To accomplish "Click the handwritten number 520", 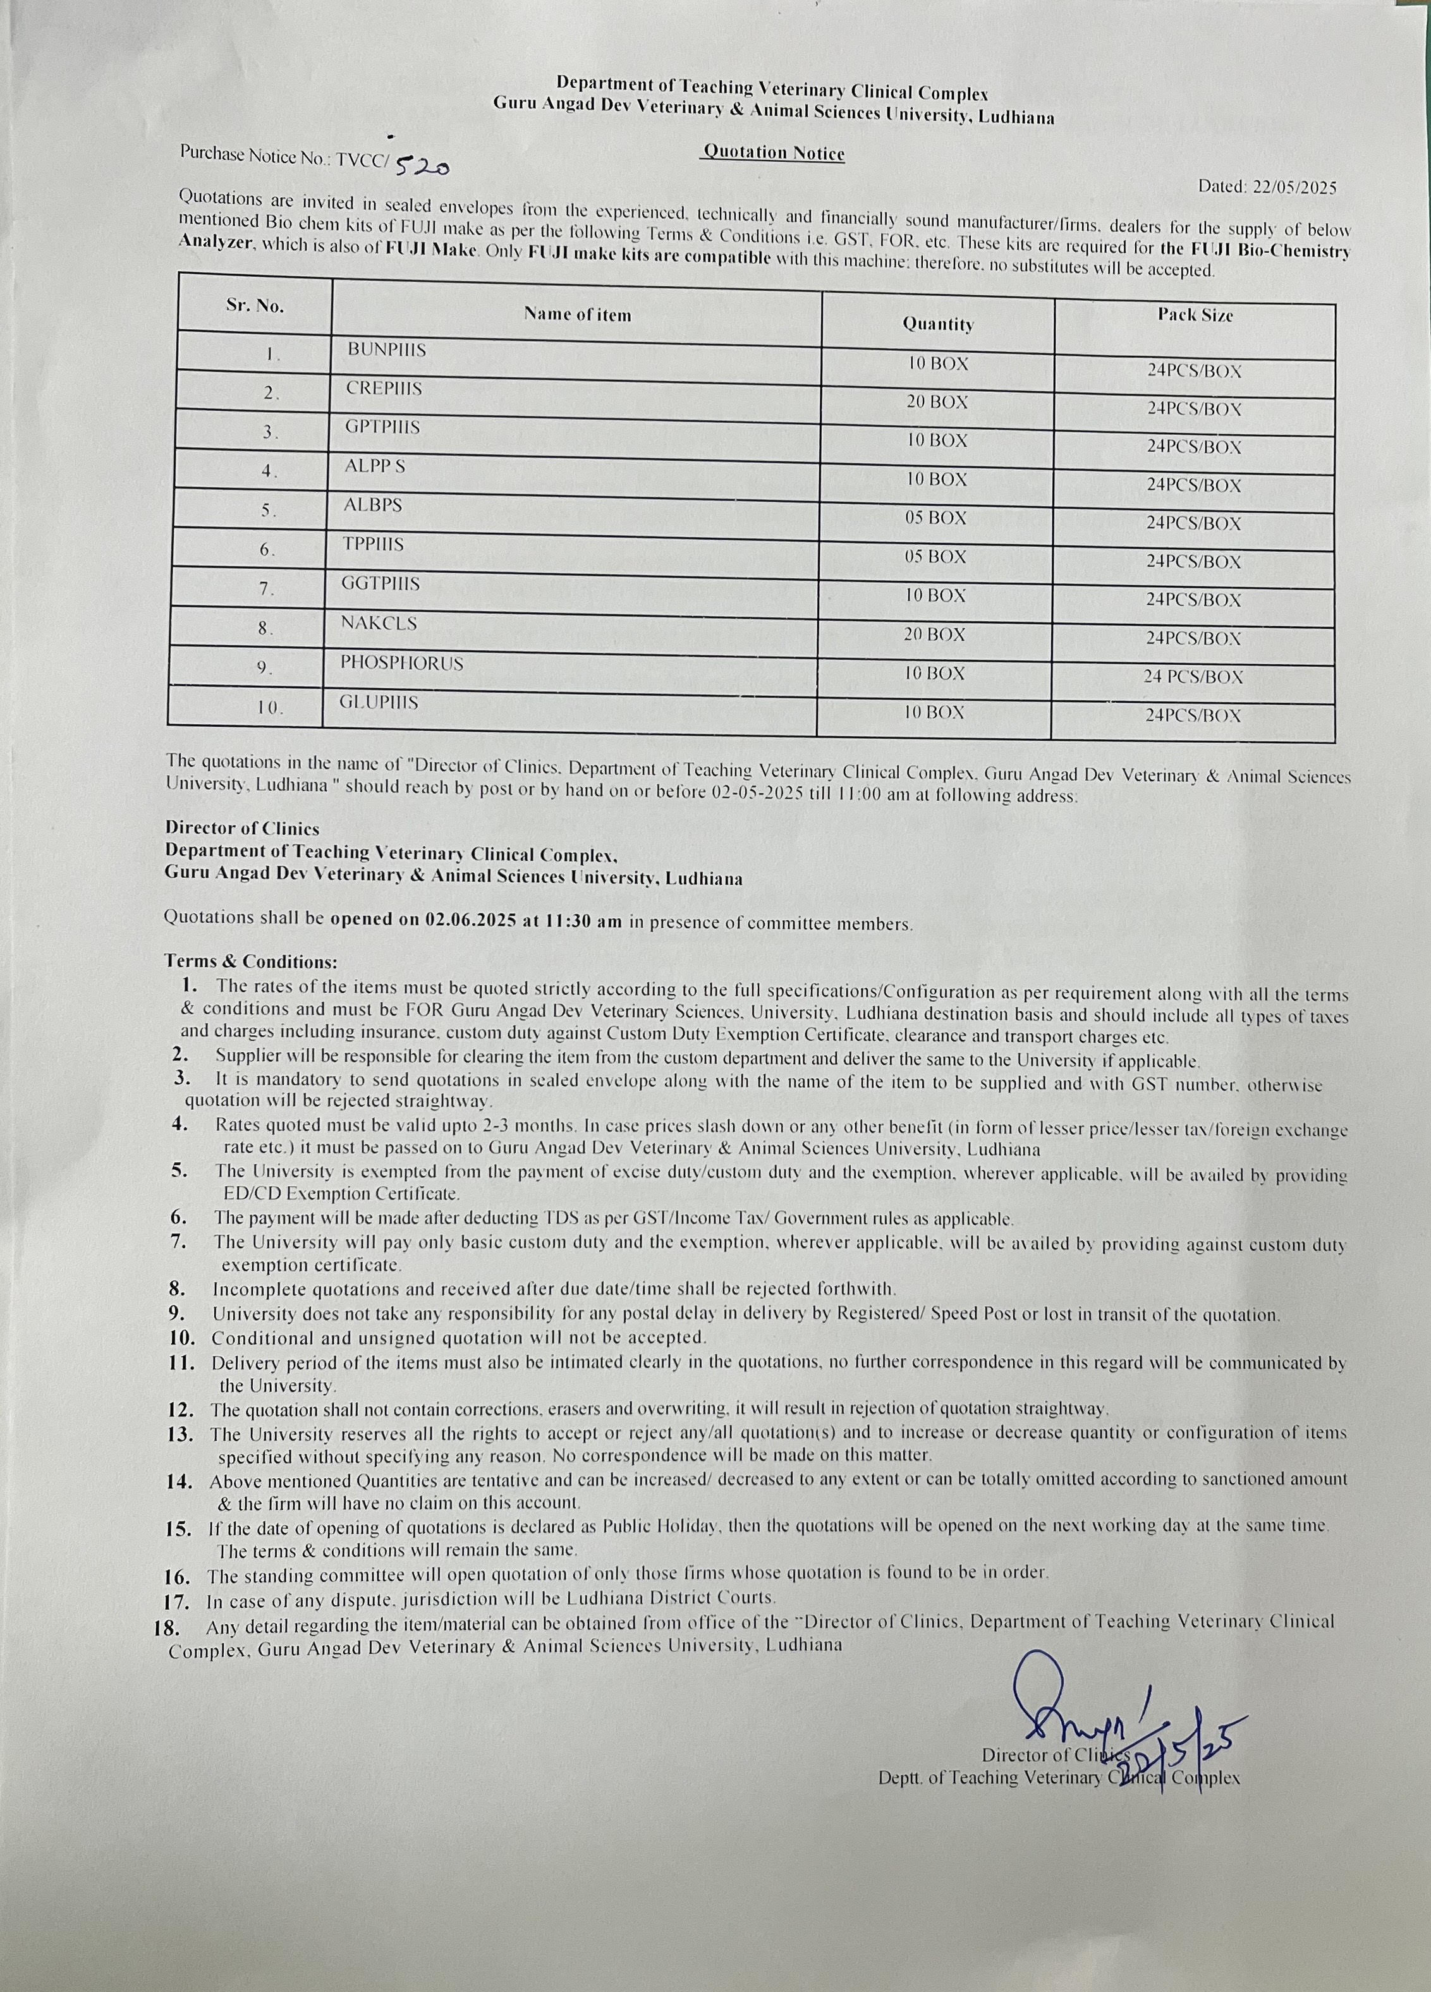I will click(423, 164).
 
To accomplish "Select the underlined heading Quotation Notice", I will click(773, 153).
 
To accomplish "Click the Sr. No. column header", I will click(255, 306).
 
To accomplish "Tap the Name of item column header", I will click(577, 315).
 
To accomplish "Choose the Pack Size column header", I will click(1195, 315).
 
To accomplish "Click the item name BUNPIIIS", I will click(387, 349).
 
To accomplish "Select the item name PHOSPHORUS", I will click(401, 663).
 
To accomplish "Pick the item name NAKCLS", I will click(379, 622).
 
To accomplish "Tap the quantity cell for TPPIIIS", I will click(935, 557).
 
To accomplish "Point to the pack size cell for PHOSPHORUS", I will click(1193, 676).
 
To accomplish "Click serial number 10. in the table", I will click(270, 708).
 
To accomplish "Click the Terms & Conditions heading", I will click(250, 961).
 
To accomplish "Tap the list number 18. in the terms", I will click(167, 1627).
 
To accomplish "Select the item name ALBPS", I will click(374, 505).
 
